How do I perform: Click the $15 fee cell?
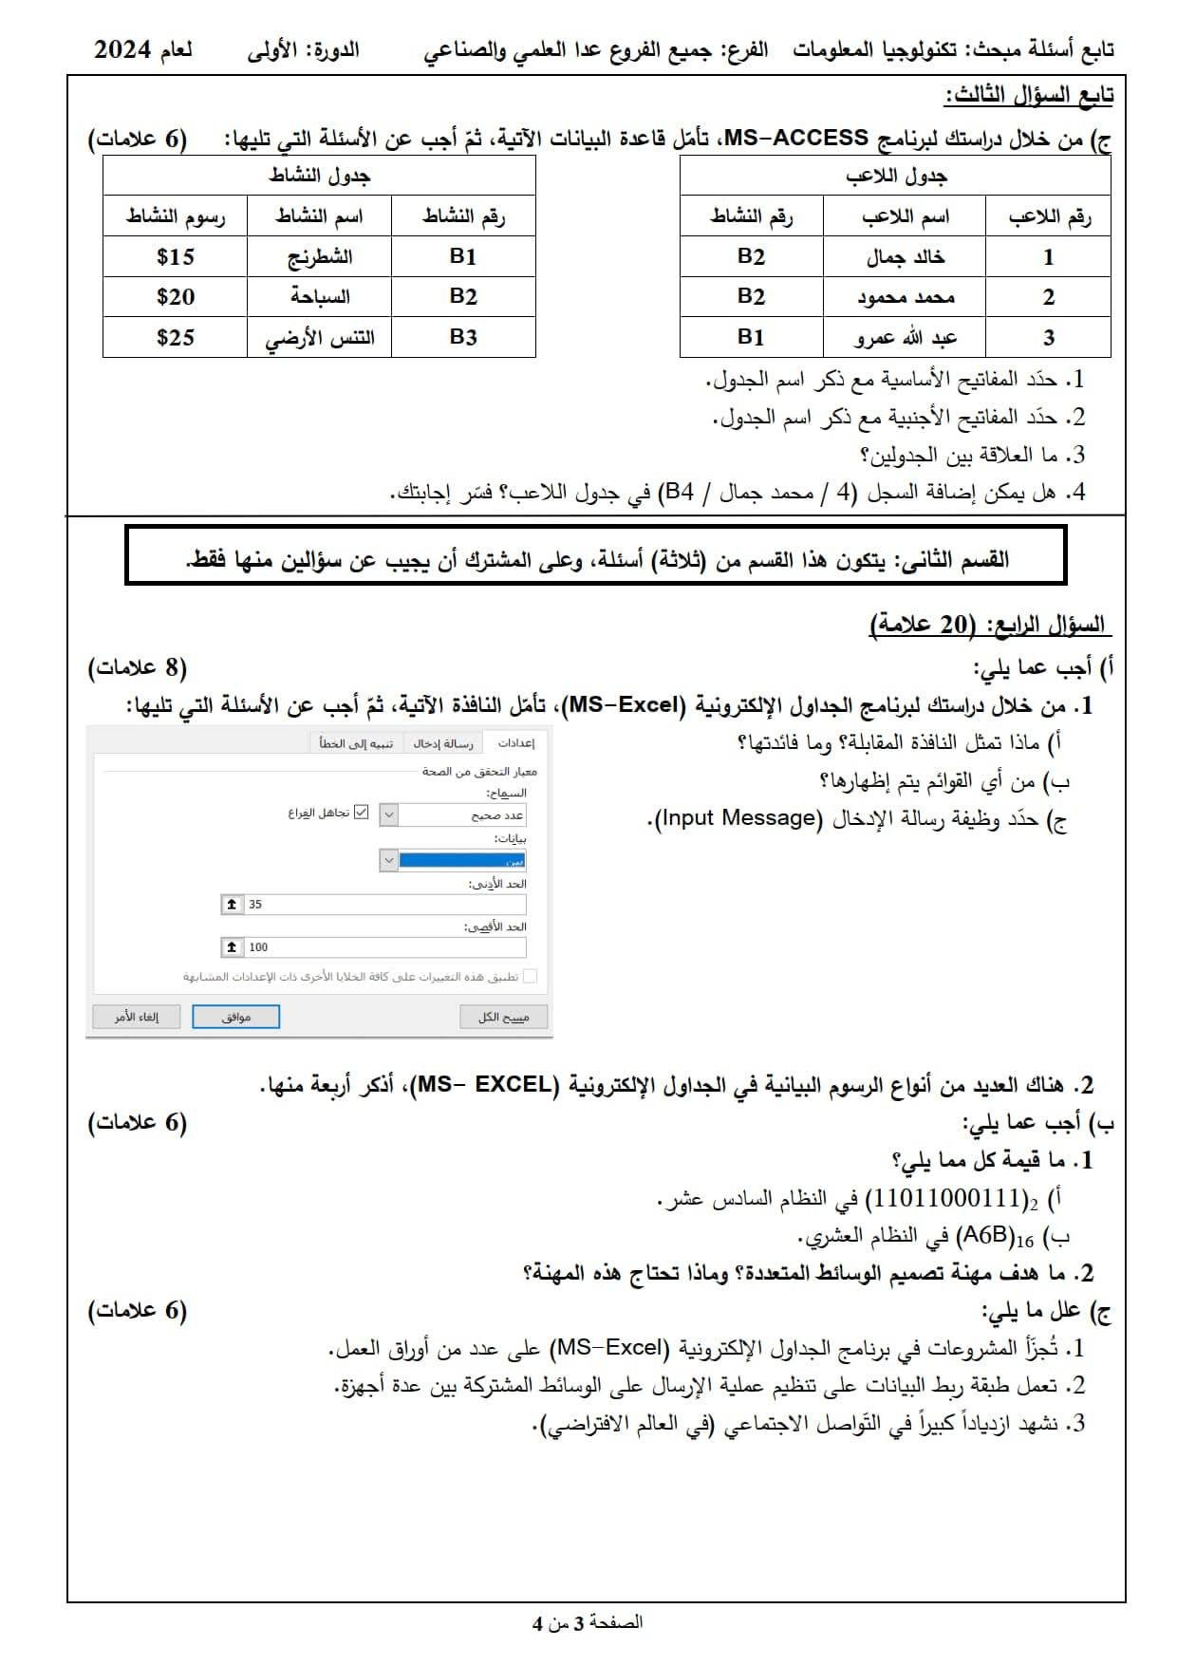pos(176,257)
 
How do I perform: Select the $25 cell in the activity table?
pos(176,337)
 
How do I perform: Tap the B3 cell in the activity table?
pos(463,337)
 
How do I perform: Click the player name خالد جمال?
pos(905,257)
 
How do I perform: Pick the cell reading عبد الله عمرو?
pos(905,337)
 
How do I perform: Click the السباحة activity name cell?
pos(320,297)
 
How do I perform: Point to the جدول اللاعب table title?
pos(896,176)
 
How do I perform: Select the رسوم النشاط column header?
pos(176,216)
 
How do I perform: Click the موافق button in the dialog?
pos(235,1017)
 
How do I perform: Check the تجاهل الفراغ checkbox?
pos(361,813)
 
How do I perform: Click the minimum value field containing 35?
pos(384,905)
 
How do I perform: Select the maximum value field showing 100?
pos(384,946)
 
